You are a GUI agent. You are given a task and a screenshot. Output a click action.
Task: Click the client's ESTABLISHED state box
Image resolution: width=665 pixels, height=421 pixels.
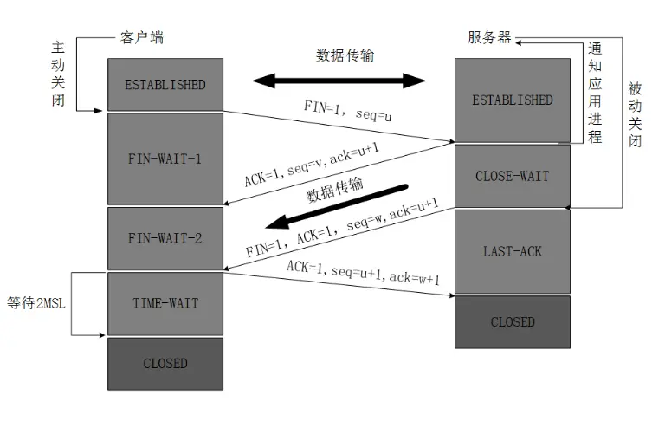(165, 85)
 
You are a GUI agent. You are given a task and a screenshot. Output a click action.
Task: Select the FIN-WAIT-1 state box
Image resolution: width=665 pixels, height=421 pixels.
(165, 159)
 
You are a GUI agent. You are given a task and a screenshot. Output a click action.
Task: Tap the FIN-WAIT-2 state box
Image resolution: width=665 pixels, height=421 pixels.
(165, 237)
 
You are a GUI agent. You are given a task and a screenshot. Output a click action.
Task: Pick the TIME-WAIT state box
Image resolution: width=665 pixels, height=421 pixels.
(165, 303)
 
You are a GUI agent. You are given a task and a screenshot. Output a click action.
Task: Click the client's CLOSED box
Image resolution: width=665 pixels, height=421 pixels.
(165, 363)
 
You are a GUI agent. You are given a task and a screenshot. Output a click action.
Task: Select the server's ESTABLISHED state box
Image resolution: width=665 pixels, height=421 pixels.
(512, 100)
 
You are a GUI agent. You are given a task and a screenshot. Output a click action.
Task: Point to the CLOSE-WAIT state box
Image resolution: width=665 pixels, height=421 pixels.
(512, 176)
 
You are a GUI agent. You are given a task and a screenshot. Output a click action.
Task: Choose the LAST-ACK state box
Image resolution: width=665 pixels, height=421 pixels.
(512, 251)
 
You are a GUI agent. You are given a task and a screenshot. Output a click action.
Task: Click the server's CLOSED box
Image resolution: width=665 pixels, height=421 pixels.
(512, 321)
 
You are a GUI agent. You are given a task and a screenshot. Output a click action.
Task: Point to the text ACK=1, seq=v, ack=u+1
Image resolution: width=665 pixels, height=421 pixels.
(313, 165)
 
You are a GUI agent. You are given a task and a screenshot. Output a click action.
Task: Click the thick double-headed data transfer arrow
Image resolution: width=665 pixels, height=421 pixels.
(339, 81)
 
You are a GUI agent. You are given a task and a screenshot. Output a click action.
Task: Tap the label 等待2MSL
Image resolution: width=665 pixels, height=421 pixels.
(36, 303)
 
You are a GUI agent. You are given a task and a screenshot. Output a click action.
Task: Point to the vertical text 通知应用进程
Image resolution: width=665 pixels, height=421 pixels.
(595, 92)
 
